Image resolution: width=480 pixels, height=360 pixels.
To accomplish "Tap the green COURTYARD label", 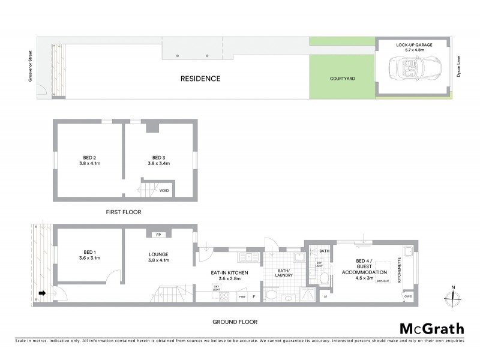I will pyautogui.click(x=343, y=79).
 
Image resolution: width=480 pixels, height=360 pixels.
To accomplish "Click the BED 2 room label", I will pyautogui.click(x=88, y=157).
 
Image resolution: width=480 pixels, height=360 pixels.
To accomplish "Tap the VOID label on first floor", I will pyautogui.click(x=164, y=191).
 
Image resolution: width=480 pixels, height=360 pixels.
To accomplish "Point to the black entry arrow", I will pyautogui.click(x=43, y=293).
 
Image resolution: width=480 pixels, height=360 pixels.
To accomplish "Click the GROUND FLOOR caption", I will pyautogui.click(x=234, y=322).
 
